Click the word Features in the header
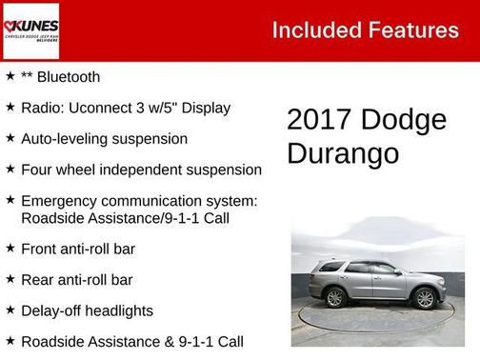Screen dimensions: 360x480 click(x=412, y=30)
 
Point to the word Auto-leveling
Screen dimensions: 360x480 click(x=66, y=139)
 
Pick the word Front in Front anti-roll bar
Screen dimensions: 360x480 click(x=40, y=250)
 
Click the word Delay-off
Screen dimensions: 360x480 click(x=53, y=310)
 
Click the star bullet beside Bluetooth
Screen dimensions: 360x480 click(x=10, y=76)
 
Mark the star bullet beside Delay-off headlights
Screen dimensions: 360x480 click(x=10, y=310)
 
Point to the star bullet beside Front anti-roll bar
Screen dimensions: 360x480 click(x=10, y=249)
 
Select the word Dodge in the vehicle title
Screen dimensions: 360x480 click(x=404, y=120)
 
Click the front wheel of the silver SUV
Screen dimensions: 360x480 click(x=424, y=298)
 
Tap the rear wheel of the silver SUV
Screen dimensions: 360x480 click(x=335, y=297)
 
